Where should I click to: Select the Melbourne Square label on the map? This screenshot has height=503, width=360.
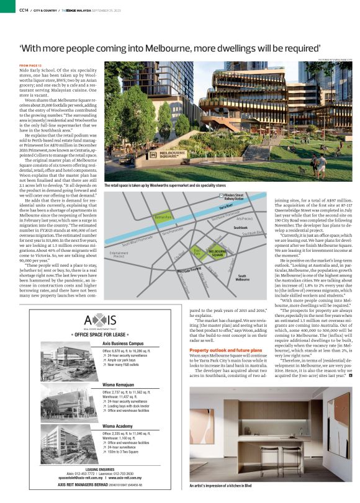tap(217, 252)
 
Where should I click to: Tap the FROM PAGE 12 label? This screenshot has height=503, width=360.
tap(30, 65)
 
